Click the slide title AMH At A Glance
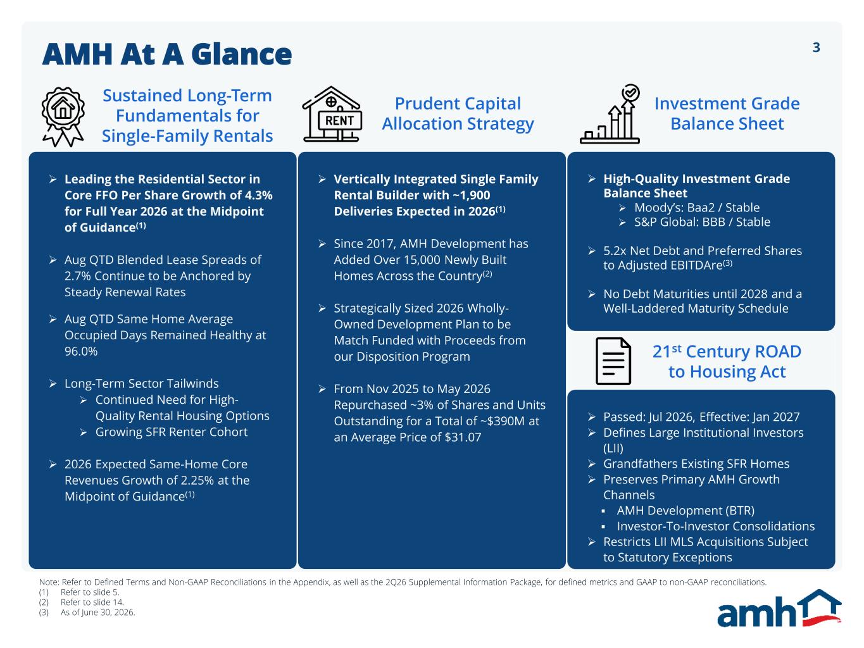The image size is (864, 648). [x=167, y=54]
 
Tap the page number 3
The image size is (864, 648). [x=816, y=47]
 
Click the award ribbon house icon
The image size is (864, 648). [x=63, y=117]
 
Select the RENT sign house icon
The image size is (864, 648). [x=332, y=114]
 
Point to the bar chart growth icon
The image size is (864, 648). [x=610, y=114]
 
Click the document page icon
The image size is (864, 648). [x=613, y=361]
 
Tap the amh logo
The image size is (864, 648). [x=779, y=608]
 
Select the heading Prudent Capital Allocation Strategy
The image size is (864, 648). [x=458, y=114]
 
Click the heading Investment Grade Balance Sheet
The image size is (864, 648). [x=727, y=114]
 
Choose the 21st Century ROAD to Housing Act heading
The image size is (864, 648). [x=727, y=361]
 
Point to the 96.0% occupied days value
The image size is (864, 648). [x=80, y=351]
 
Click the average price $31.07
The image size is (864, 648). [x=463, y=437]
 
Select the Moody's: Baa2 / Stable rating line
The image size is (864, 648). [x=696, y=208]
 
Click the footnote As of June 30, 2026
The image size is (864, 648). [x=97, y=612]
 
